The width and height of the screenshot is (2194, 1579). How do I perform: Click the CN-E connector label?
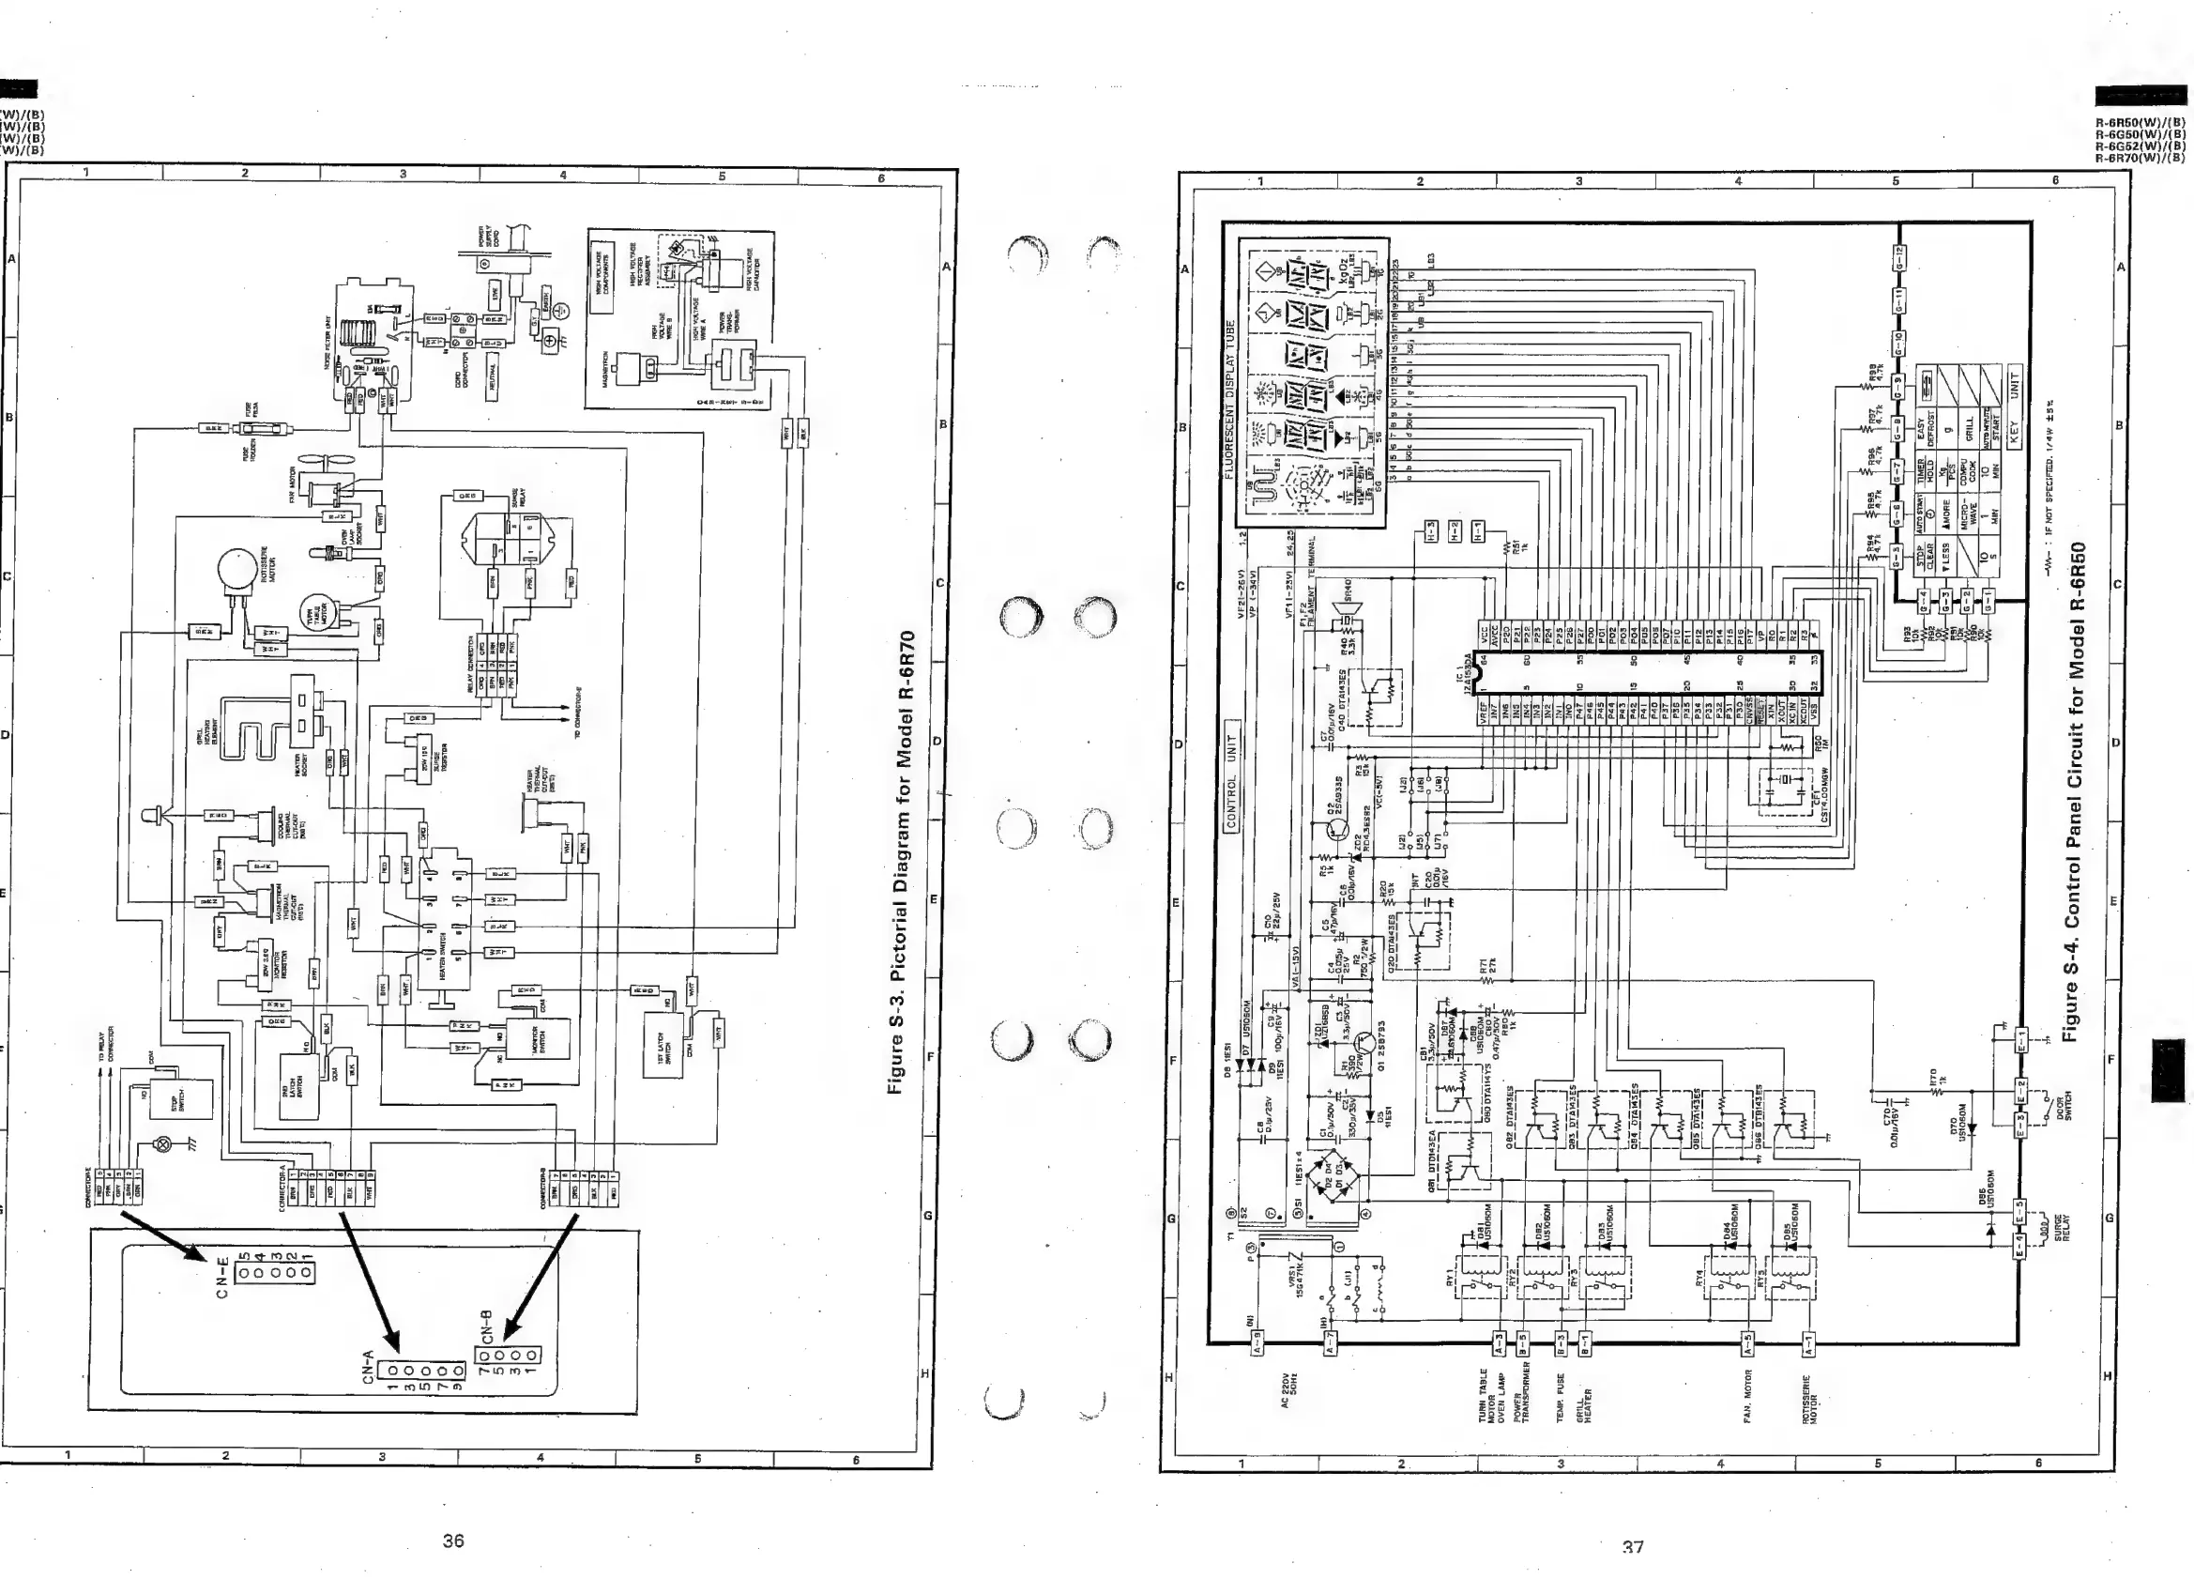221,1277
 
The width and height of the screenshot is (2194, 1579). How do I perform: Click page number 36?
452,1541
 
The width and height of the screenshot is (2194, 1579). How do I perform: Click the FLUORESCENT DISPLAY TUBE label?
1229,399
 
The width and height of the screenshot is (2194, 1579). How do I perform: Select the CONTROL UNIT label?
1231,775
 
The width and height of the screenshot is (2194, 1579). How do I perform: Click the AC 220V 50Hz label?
1287,1388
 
